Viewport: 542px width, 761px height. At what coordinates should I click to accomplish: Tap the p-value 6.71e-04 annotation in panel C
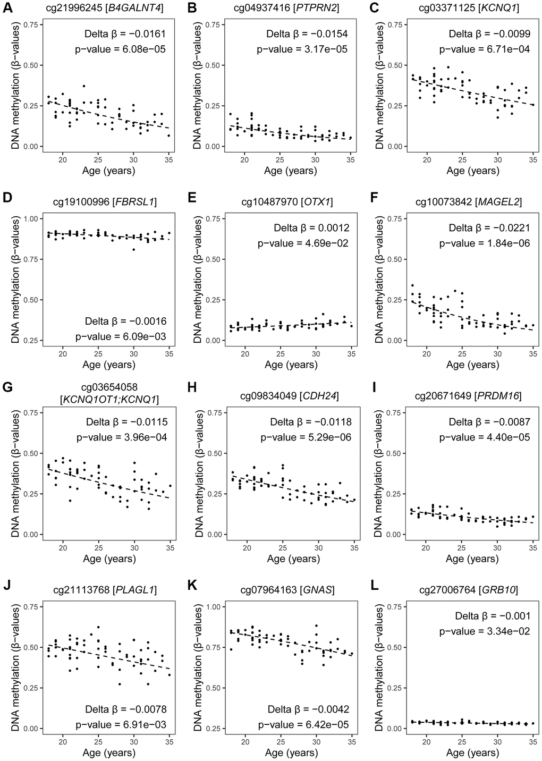(485, 49)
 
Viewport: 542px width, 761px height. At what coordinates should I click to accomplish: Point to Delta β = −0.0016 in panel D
(126, 321)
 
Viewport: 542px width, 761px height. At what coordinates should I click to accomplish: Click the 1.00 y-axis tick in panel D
(33, 219)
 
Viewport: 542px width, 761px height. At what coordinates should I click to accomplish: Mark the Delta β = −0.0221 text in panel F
(489, 228)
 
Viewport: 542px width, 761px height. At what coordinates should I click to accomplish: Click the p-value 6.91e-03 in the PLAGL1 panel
(121, 724)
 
